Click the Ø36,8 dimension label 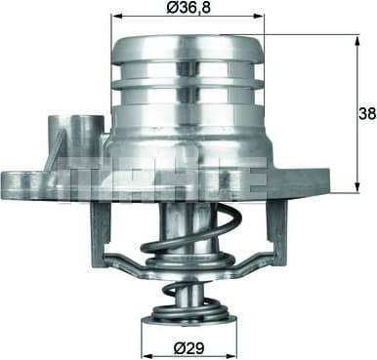click(x=188, y=9)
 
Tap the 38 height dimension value click(x=364, y=113)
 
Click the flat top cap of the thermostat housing click(x=188, y=43)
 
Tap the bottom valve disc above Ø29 click(x=188, y=313)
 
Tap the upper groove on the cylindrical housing click(x=188, y=68)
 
